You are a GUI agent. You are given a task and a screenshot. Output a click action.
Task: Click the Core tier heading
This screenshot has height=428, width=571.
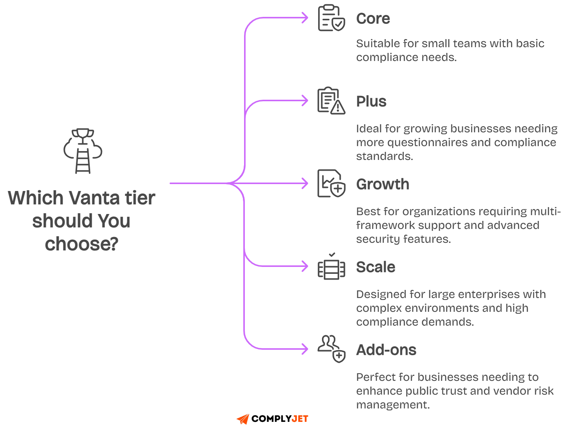(373, 19)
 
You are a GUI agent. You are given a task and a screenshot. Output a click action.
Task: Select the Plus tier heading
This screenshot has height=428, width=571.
(371, 102)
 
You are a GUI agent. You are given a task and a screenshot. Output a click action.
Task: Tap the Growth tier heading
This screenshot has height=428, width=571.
(383, 184)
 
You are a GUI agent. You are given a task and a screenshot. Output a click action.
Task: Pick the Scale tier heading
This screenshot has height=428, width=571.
(375, 267)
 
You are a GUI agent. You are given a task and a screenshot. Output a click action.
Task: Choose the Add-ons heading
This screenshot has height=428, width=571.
(386, 350)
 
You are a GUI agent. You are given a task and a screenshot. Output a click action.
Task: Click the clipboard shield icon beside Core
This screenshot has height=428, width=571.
(331, 18)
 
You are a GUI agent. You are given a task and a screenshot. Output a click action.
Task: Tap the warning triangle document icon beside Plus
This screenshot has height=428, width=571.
(331, 101)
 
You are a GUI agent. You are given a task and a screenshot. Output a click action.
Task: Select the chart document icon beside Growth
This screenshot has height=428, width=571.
(331, 184)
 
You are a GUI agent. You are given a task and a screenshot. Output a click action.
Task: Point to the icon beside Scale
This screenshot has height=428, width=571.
(331, 267)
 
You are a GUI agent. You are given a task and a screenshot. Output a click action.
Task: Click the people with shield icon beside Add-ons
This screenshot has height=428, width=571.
(331, 349)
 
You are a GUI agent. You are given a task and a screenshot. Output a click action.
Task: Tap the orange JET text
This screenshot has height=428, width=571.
(300, 419)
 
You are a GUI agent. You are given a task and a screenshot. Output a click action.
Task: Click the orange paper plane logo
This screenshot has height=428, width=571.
(243, 419)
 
